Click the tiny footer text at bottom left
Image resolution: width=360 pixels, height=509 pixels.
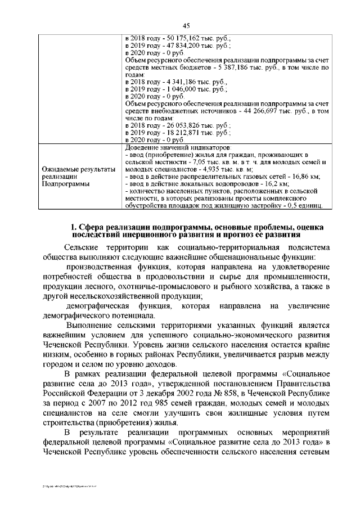tap(64, 484)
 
